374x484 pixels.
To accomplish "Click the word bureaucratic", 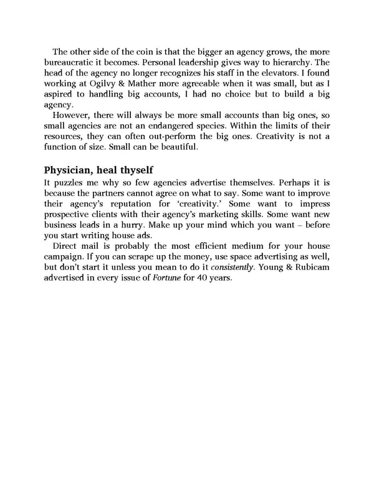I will pos(74,64).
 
